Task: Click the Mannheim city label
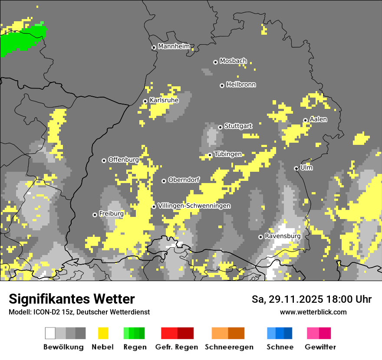[x=174, y=46]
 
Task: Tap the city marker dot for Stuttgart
[x=221, y=127]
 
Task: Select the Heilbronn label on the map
[x=241, y=85]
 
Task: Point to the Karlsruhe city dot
[x=145, y=101]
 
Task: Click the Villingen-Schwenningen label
[x=194, y=206]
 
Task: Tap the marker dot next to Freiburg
[x=95, y=215]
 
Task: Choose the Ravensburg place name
[x=283, y=236]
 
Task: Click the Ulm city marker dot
[x=296, y=168]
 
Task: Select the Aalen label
[x=318, y=119]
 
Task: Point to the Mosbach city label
[x=233, y=61]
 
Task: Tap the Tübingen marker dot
[x=210, y=155]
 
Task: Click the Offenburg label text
[x=123, y=160]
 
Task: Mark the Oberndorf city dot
[x=164, y=181]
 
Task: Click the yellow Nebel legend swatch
[x=103, y=333]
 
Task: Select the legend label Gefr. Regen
[x=177, y=347]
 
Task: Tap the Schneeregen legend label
[x=229, y=347]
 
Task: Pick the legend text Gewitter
[x=320, y=347]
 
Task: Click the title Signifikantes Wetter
[x=72, y=299]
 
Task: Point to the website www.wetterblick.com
[x=313, y=312]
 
